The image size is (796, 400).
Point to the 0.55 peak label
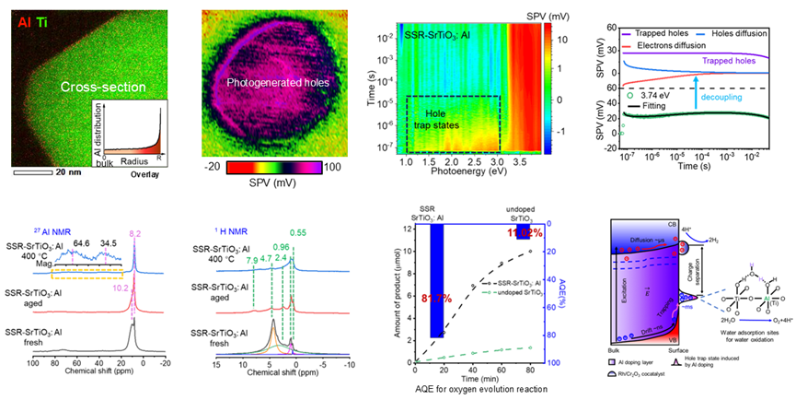[299, 234]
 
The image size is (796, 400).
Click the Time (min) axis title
[479, 376]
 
